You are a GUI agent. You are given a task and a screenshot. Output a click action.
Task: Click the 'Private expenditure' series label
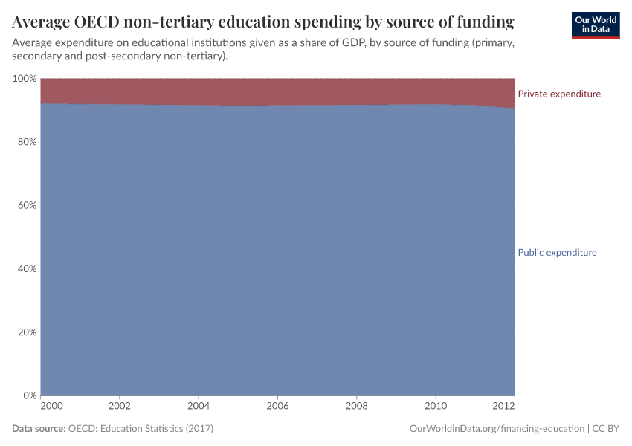click(x=558, y=94)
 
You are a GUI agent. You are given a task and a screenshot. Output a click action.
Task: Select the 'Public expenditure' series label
click(x=557, y=253)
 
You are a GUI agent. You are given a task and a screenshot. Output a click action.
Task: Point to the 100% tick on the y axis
click(x=24, y=79)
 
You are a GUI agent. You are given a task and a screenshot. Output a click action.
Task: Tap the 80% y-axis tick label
click(x=26, y=142)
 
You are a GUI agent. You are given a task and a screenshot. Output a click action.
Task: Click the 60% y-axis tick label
click(x=26, y=205)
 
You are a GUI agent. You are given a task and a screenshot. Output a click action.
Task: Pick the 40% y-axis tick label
click(x=26, y=269)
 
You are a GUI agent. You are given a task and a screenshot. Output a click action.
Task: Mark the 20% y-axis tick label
click(x=26, y=332)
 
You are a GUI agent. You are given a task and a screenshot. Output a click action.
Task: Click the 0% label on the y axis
click(x=29, y=395)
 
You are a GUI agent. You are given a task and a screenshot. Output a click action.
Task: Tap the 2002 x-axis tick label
click(x=120, y=407)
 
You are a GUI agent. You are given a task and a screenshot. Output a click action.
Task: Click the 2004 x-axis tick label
click(x=199, y=407)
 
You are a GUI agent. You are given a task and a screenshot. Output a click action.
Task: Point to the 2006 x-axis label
click(x=277, y=407)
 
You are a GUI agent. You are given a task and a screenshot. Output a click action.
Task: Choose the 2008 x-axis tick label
click(x=356, y=407)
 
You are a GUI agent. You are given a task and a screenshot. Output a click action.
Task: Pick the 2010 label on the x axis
click(x=435, y=407)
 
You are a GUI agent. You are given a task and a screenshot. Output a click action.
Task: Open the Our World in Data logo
click(x=595, y=25)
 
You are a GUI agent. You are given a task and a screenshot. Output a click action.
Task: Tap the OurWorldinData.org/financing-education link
click(x=496, y=429)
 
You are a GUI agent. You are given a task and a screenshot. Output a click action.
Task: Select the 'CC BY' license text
click(x=606, y=429)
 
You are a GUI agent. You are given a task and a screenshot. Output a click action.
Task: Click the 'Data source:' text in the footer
click(x=39, y=429)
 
